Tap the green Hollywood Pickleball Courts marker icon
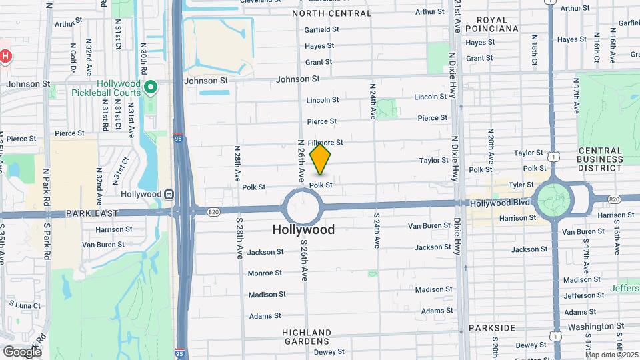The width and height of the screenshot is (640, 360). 151,87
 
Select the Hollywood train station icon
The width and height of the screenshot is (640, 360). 169,194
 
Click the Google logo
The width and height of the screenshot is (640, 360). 22,351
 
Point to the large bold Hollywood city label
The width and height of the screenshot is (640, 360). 303,229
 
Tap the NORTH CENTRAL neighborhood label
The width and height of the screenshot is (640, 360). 331,13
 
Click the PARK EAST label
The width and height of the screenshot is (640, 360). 91,213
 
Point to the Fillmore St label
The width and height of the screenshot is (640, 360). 325,142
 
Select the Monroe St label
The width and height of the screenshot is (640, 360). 265,273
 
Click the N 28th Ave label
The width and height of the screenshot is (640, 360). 237,164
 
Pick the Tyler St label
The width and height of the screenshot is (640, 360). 521,185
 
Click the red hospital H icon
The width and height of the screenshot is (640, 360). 5,57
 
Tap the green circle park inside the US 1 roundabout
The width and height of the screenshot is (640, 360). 553,199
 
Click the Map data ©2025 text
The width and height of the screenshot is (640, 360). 611,355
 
